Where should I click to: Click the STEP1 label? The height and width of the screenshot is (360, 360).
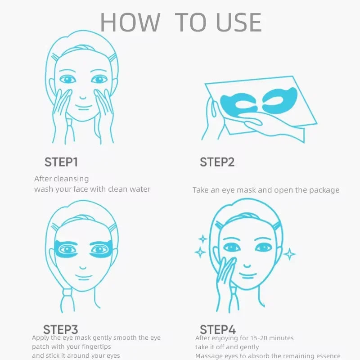(61, 162)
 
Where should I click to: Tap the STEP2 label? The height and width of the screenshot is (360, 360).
(217, 162)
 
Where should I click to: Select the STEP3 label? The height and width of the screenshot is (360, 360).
(61, 329)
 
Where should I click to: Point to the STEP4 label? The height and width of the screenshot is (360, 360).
(217, 329)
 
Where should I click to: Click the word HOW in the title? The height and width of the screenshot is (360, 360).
(130, 22)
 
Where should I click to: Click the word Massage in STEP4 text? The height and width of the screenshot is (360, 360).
(209, 356)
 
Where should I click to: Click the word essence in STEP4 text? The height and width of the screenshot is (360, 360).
(327, 356)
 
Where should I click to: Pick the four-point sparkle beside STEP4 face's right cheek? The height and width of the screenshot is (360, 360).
(289, 254)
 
